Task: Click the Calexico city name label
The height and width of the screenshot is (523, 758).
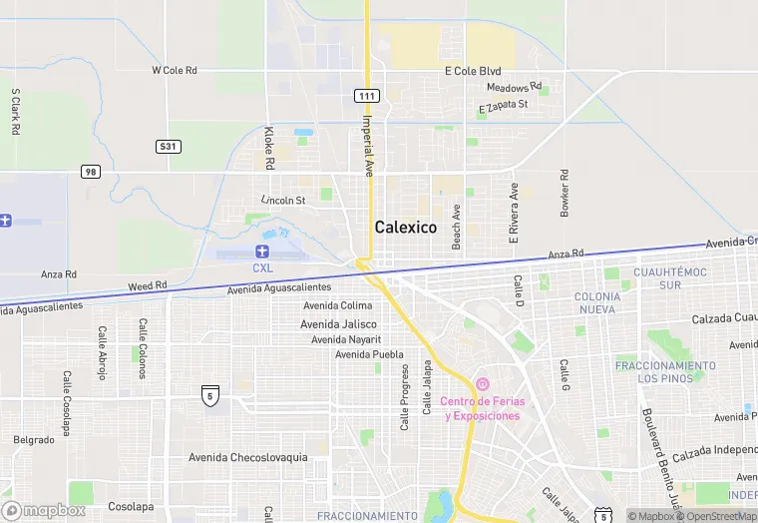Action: click(406, 228)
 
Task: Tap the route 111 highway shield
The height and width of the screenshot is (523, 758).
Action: click(366, 95)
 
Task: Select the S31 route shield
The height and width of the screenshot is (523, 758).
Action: click(169, 146)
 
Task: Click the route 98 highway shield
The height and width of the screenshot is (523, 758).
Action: click(91, 172)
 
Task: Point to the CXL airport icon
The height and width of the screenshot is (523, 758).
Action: click(262, 252)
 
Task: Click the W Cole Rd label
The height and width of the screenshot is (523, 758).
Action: click(175, 71)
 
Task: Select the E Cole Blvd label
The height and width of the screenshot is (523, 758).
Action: click(473, 72)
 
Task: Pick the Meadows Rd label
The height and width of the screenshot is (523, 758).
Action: click(514, 88)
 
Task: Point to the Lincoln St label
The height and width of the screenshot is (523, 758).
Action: click(282, 201)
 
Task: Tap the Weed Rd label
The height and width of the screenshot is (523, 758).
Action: click(148, 286)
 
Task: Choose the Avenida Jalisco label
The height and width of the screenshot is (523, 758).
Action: click(339, 324)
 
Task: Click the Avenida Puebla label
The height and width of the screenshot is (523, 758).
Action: click(369, 354)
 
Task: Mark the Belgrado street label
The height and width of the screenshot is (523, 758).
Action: click(34, 439)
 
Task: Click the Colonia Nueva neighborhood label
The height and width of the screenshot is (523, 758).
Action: click(597, 302)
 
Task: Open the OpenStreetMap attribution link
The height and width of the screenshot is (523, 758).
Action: click(717, 516)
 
